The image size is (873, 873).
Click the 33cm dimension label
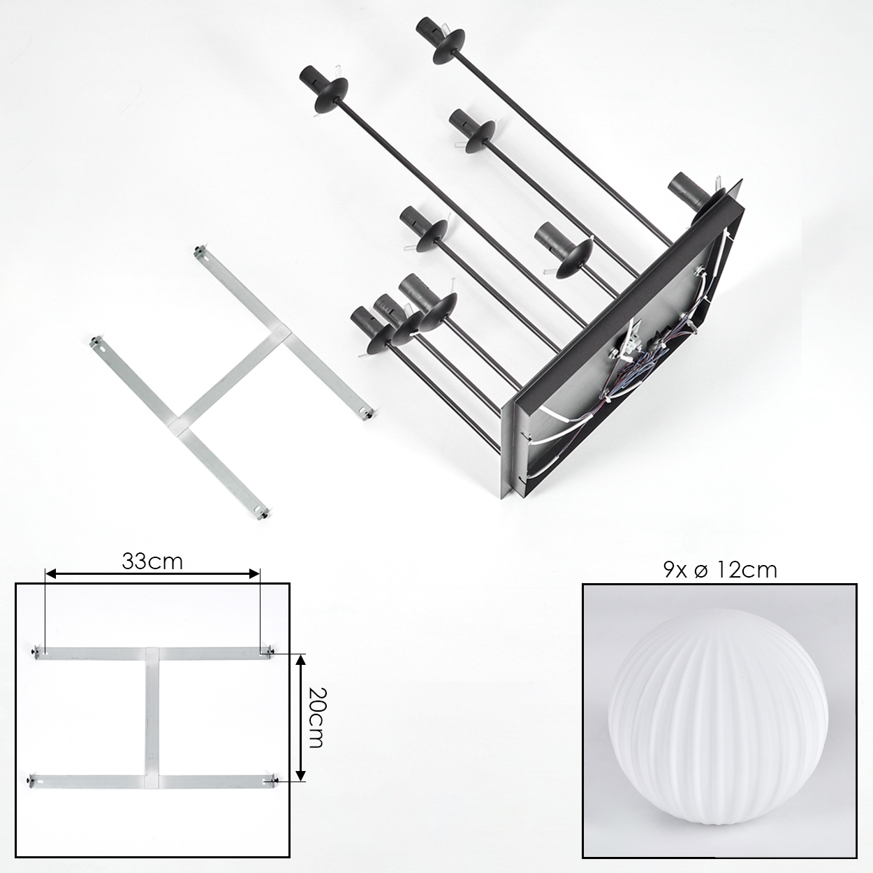tap(152, 562)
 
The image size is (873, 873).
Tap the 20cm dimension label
tap(315, 718)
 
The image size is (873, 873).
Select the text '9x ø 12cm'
tap(720, 570)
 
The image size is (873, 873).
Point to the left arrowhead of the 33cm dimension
tap(50, 574)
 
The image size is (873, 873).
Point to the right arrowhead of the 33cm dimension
tap(255, 574)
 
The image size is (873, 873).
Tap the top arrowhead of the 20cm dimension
tap(301, 659)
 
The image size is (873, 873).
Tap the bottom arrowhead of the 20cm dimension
tap(301, 775)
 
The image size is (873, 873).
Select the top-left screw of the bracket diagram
tap(34, 652)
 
